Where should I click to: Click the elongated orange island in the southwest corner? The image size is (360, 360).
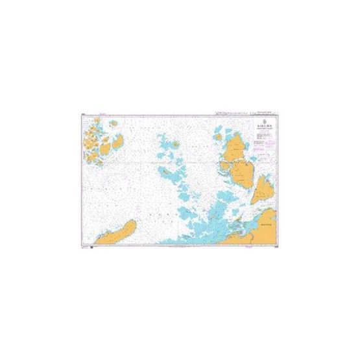[x=117, y=233]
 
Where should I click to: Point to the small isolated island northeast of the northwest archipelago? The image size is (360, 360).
[x=114, y=123]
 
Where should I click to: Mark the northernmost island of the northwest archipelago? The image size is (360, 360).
[x=97, y=120]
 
